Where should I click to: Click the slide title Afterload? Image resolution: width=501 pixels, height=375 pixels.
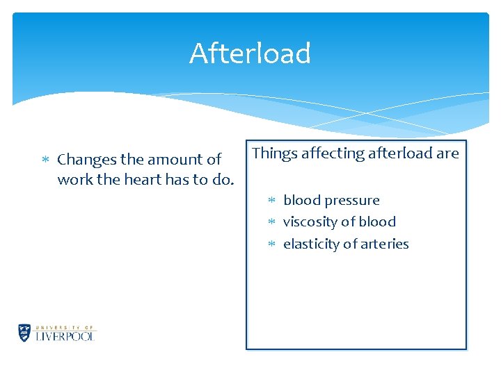250,53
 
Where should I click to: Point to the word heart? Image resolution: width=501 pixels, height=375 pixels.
145,179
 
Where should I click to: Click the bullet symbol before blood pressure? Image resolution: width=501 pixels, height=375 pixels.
273,201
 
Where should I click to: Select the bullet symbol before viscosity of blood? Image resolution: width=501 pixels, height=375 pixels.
273,222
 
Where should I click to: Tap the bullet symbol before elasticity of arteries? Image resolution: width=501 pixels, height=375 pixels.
273,244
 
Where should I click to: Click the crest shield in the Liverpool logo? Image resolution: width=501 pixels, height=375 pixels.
24,333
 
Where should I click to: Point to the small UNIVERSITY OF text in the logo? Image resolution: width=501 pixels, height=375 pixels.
65,326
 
